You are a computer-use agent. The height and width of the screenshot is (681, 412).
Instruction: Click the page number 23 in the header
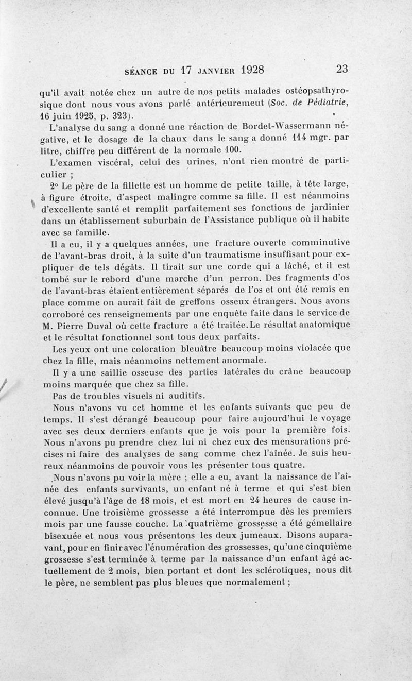coord(341,69)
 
